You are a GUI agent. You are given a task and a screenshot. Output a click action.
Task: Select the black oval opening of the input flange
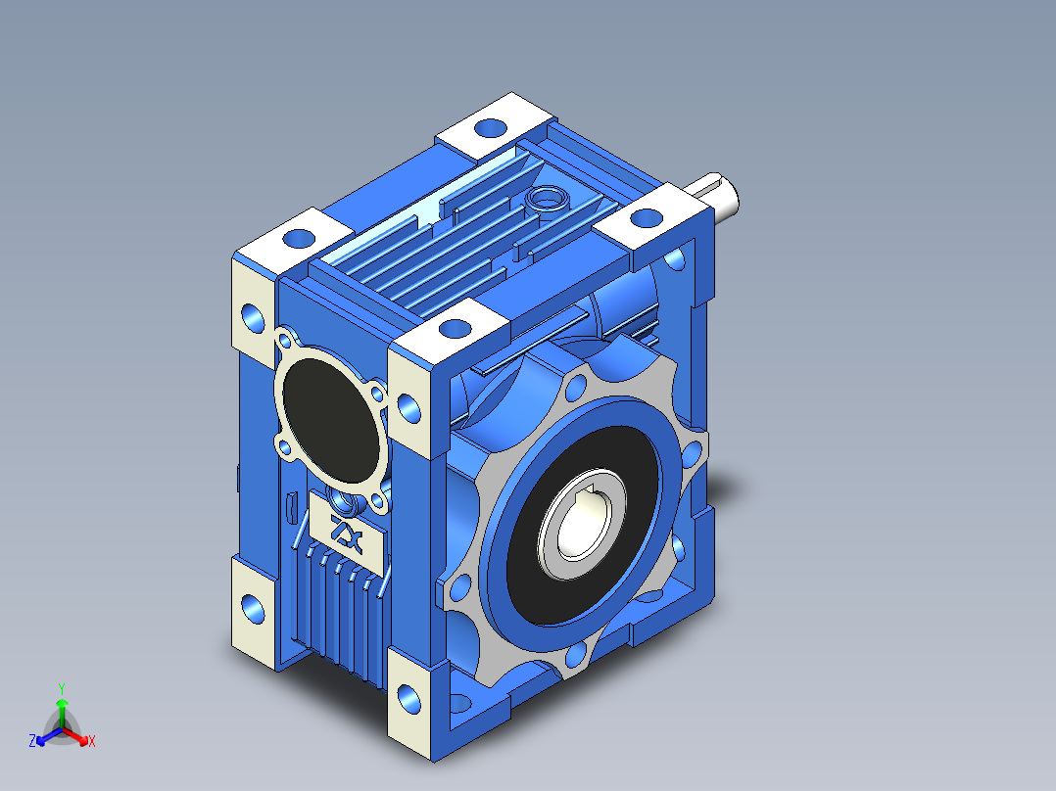[x=330, y=419]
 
